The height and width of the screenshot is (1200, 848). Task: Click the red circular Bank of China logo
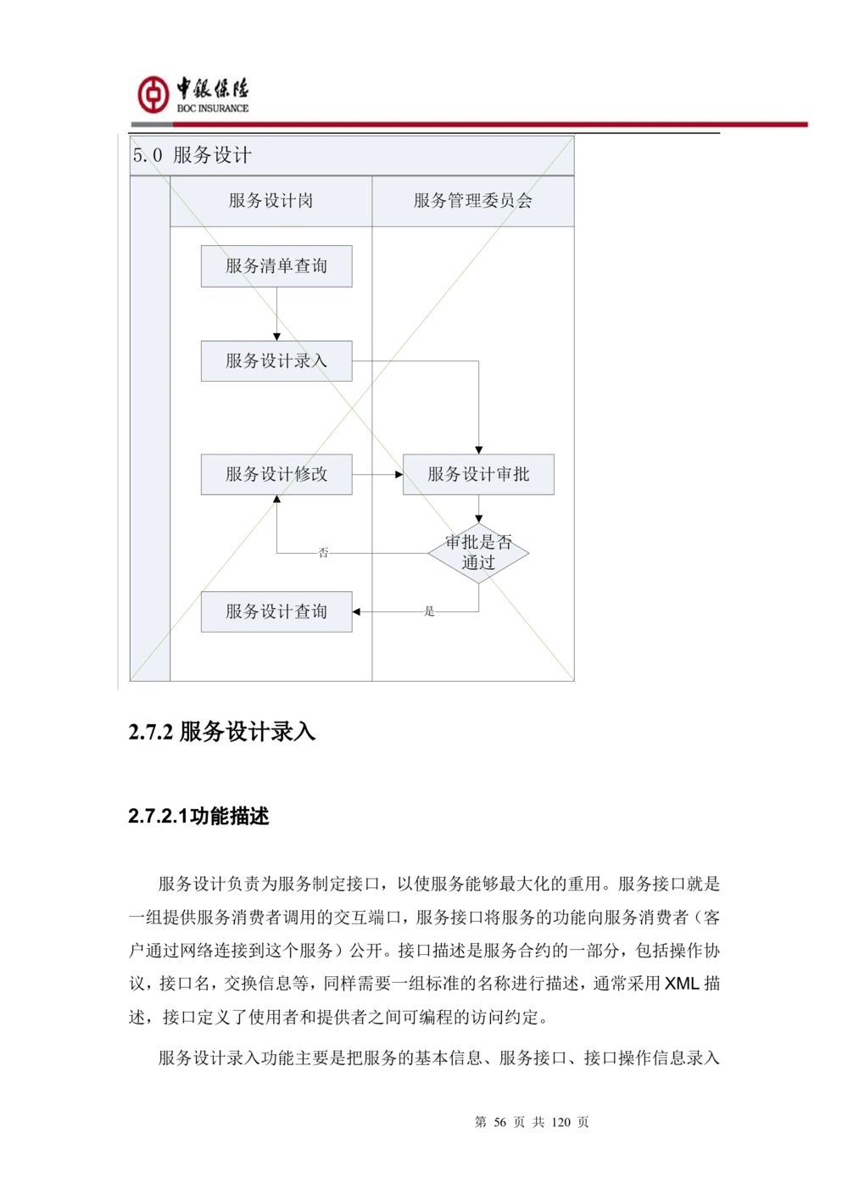tap(153, 94)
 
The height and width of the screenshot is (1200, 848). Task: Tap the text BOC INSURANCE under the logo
tap(213, 109)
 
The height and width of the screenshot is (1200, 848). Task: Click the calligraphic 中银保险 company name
tap(213, 88)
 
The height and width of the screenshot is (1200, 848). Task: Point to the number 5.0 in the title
tap(147, 155)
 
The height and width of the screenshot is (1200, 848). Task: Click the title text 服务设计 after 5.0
tap(212, 155)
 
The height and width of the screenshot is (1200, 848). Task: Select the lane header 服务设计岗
tap(271, 201)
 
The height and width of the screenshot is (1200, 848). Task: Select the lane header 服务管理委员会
tap(472, 201)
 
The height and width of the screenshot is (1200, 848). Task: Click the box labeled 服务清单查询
tap(276, 266)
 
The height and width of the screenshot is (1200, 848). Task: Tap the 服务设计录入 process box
tap(276, 361)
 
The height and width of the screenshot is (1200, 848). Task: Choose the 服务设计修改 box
tap(276, 474)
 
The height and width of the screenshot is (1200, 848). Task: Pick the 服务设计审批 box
tap(478, 474)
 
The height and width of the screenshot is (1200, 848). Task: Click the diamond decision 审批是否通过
tap(478, 553)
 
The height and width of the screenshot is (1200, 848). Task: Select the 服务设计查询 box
tap(276, 611)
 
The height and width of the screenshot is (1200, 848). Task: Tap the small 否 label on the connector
tap(323, 553)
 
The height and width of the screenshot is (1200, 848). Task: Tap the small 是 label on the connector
tap(430, 611)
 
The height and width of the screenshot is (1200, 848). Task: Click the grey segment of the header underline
tap(152, 126)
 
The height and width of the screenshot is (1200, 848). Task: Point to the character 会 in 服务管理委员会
tap(524, 201)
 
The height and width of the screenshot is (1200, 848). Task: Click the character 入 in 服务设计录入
tap(319, 361)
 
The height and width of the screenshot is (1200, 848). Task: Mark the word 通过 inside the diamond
tap(478, 563)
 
